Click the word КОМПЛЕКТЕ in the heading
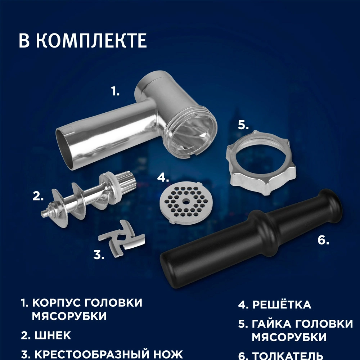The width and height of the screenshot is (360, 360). click(91, 41)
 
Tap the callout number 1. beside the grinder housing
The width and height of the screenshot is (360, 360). click(115, 92)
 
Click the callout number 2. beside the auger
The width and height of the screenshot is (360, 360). click(38, 197)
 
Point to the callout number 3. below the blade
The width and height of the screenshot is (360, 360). click(99, 255)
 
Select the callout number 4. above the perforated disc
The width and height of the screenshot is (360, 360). click(163, 177)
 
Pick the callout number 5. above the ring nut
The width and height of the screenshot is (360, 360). click(243, 125)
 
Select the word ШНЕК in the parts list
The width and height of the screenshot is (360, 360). click(53, 336)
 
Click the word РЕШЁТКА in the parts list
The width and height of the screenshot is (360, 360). click(281, 305)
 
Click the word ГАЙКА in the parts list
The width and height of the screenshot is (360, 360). click(274, 324)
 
